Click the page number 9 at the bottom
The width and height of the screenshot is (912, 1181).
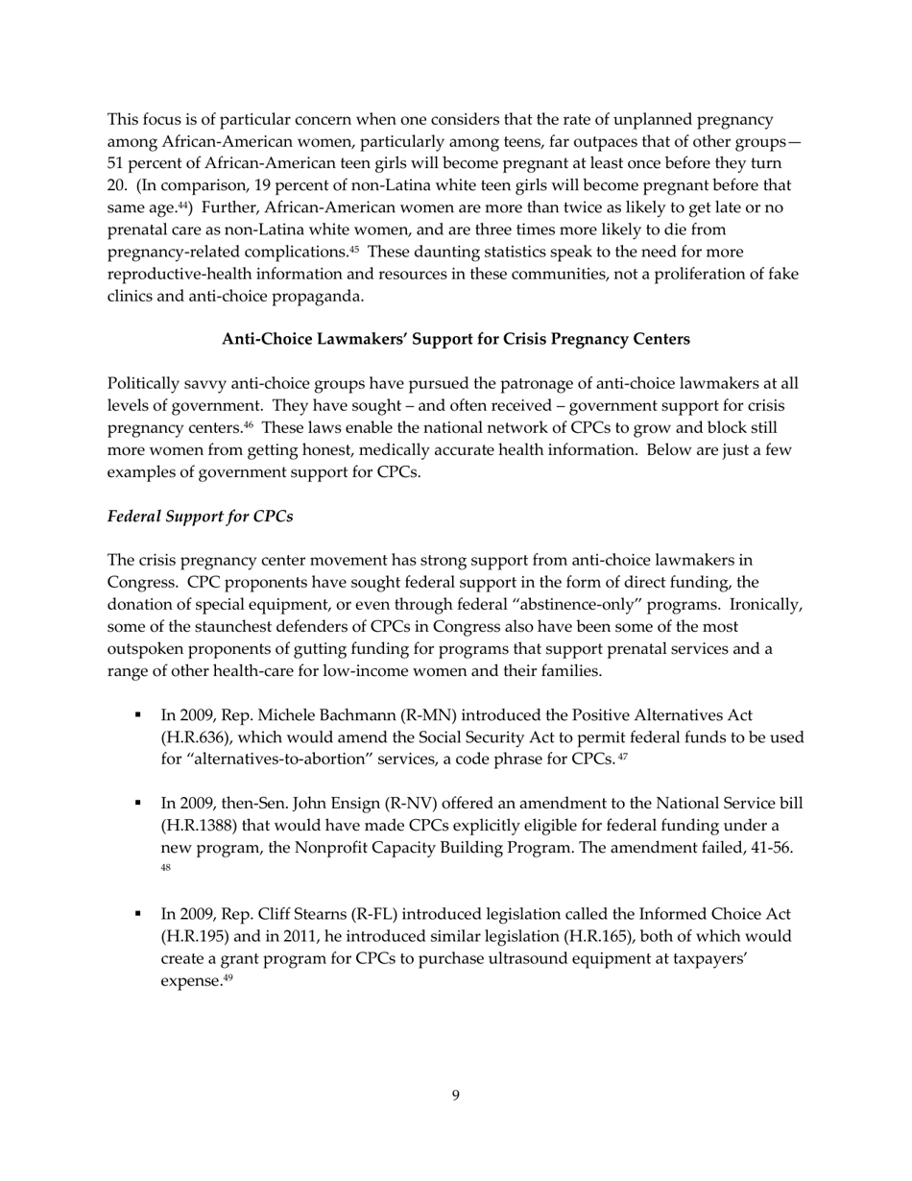[455, 1096]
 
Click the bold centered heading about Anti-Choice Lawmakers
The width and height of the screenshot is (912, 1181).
[455, 339]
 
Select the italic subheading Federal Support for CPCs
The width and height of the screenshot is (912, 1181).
[200, 516]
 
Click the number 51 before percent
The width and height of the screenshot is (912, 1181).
[117, 163]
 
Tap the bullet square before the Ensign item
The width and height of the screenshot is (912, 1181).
[139, 804]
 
